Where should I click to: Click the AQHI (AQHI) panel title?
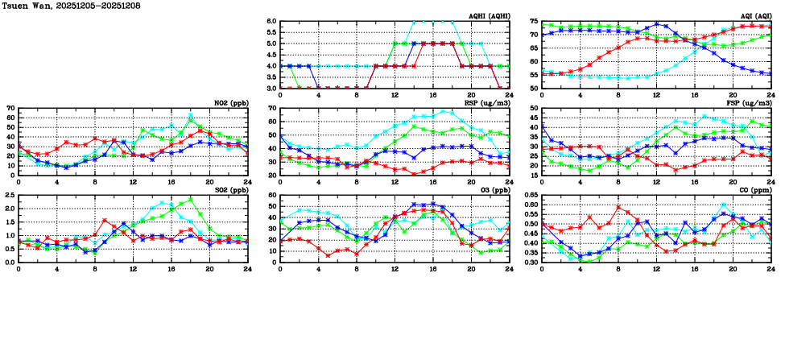coord(487,15)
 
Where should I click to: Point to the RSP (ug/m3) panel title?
coord(488,102)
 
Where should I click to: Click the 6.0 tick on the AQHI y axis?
coord(271,22)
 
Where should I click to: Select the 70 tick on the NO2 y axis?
coord(10,108)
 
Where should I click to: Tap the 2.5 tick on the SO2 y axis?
coord(9,195)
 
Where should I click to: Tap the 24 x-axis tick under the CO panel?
coord(771,269)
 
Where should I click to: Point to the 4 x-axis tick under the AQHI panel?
coord(319,95)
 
